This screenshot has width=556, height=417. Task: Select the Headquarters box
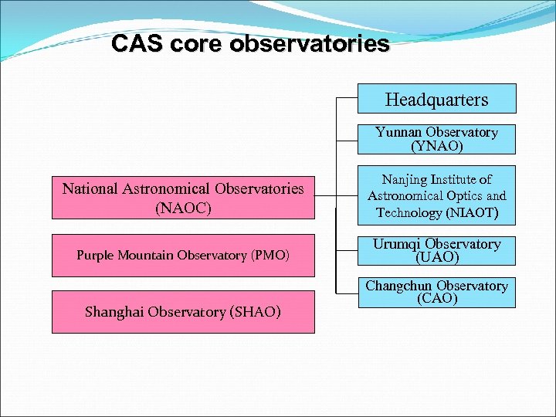click(436, 100)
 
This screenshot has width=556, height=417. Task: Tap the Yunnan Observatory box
click(436, 139)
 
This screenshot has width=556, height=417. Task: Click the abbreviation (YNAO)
click(436, 146)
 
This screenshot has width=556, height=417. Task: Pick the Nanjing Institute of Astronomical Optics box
click(436, 196)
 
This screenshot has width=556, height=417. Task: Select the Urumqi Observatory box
click(436, 250)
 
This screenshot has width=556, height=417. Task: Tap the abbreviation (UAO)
click(436, 257)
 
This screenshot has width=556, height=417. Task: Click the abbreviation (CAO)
click(436, 298)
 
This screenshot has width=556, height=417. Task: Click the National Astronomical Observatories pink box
click(183, 197)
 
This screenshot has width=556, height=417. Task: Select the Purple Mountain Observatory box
click(183, 255)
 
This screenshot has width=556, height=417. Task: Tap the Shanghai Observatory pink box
click(183, 311)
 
